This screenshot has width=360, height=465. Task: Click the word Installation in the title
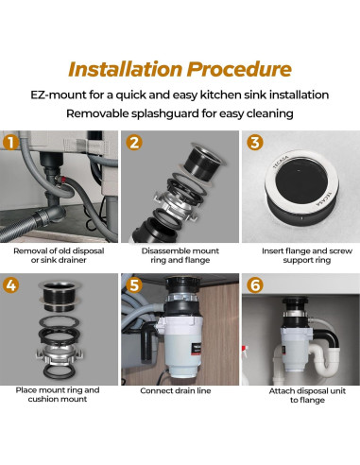click(x=125, y=69)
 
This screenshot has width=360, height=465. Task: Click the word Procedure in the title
click(x=239, y=69)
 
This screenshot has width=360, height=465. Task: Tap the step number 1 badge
click(x=10, y=142)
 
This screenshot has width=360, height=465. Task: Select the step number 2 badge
click(x=134, y=142)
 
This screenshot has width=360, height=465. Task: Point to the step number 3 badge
click(x=255, y=142)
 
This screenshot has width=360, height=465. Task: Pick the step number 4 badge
click(x=10, y=285)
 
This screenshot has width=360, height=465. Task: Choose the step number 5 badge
click(x=134, y=285)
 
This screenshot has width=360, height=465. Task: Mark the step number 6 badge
click(x=255, y=285)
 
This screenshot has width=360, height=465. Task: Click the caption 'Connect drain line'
click(x=176, y=391)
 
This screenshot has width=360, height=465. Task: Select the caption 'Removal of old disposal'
click(x=59, y=251)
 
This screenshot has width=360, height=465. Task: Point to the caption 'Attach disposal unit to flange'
click(x=307, y=396)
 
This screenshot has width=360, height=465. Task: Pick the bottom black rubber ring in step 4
click(x=59, y=371)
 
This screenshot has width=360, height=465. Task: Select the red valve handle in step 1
click(x=64, y=181)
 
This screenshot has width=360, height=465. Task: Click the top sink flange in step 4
click(x=60, y=295)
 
